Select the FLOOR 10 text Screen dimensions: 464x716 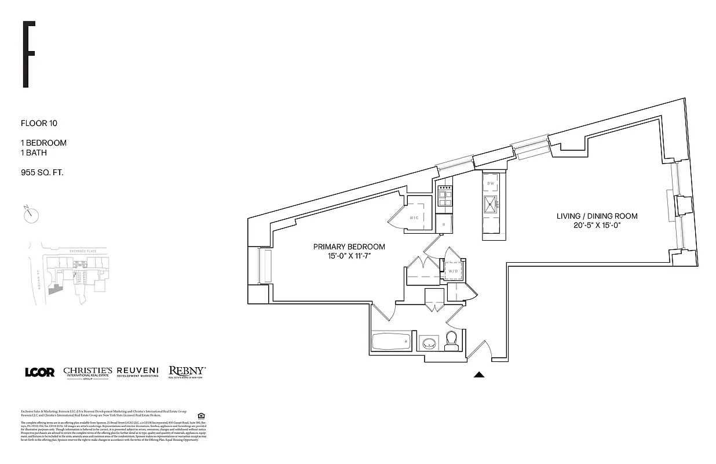pos(39,123)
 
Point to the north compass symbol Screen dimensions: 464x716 pos(31,215)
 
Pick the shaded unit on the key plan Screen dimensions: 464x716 pos(56,289)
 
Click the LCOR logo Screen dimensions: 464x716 pos(39,372)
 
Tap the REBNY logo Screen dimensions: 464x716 pos(187,372)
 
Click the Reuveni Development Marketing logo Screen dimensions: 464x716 pos(138,372)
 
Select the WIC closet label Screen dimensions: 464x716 pos(414,217)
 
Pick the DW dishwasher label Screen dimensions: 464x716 pos(491,183)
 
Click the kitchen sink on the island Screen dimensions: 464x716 pos(491,202)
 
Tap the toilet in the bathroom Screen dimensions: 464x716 pos(452,341)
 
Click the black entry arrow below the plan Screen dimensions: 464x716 pos(478,375)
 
